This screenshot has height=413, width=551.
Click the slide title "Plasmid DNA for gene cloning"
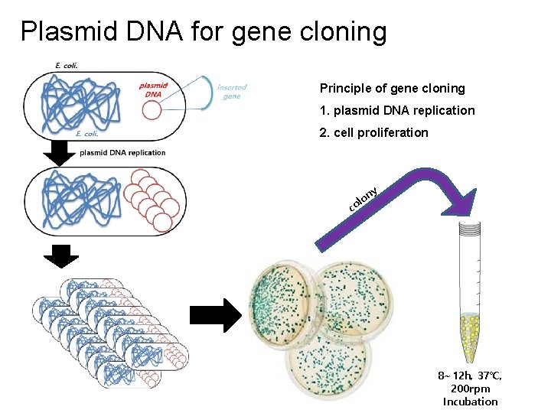204,31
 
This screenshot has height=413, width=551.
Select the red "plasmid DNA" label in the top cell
154,89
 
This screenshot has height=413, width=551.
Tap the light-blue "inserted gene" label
231,92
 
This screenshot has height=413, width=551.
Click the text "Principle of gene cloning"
392,89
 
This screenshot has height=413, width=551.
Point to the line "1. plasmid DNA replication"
397,110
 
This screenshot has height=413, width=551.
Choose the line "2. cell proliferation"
373,132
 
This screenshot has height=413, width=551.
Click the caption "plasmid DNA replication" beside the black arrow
122,152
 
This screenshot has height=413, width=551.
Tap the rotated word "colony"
362,198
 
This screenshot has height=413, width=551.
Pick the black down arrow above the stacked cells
57,257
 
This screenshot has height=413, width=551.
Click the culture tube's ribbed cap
468,227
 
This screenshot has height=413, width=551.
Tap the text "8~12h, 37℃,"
470,376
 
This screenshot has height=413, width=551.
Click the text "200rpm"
470,389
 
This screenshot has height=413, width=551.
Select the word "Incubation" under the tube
470,402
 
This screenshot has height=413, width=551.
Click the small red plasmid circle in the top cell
152,111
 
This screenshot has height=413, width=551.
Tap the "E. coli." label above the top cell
67,65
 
